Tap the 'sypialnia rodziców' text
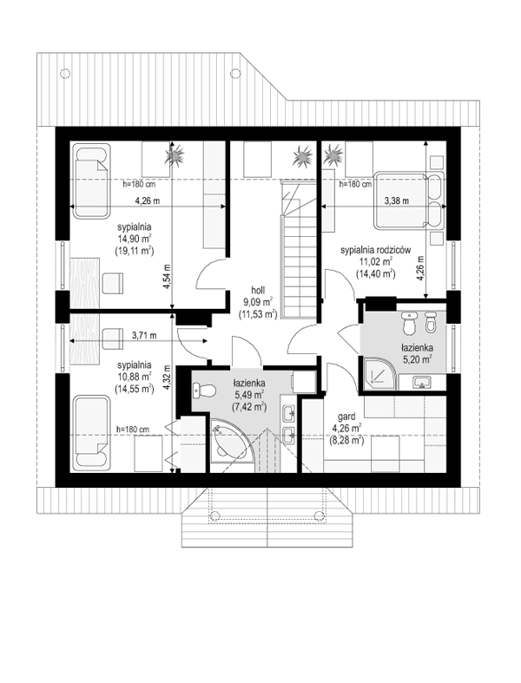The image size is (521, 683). pyautogui.click(x=376, y=248)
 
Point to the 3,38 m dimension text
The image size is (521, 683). pyautogui.click(x=397, y=200)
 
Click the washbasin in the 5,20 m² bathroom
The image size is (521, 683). pyautogui.click(x=422, y=380)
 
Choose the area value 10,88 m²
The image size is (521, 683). pyautogui.click(x=135, y=378)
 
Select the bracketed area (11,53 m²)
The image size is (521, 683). pyautogui.click(x=259, y=316)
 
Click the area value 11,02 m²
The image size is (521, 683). pyautogui.click(x=376, y=260)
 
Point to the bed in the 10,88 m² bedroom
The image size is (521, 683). pyautogui.click(x=90, y=434)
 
